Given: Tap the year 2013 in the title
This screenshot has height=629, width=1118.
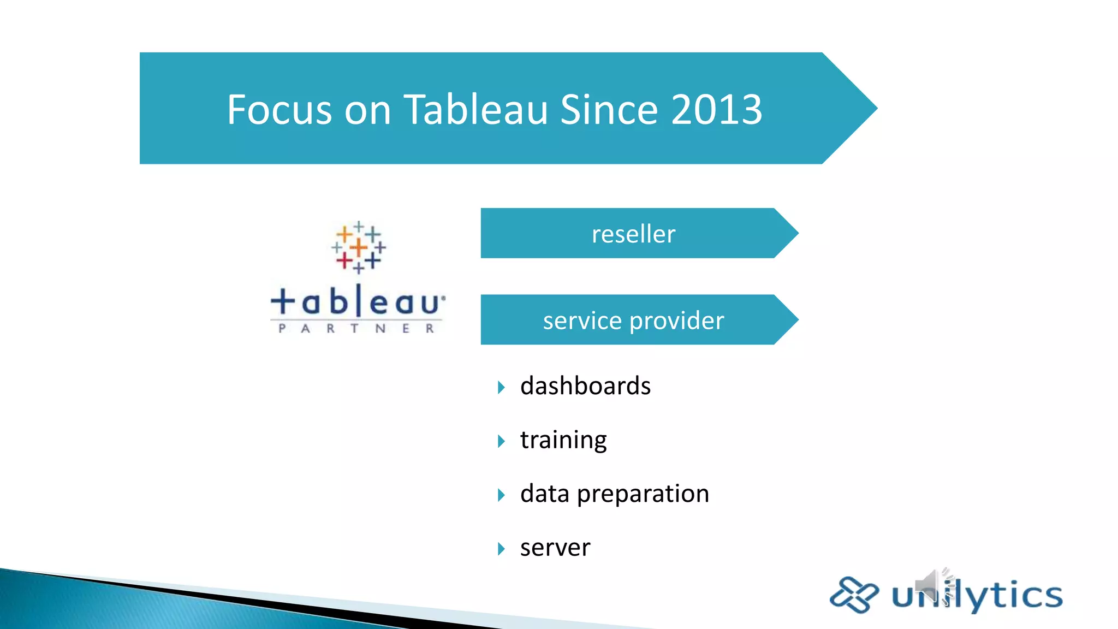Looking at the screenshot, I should [716, 110].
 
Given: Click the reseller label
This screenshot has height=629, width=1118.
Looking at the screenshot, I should [633, 234].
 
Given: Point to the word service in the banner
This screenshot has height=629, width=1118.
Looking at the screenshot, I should [582, 321].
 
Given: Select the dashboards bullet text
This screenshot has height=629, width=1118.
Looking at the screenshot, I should [585, 386].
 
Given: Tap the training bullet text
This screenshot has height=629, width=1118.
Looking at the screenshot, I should [563, 440].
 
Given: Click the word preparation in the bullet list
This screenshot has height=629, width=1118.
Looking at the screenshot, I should [643, 494].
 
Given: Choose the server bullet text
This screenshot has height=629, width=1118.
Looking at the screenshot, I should [555, 548].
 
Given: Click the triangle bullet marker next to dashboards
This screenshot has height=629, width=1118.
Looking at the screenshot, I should [501, 388].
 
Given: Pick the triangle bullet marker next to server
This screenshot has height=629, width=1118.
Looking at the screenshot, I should [501, 549].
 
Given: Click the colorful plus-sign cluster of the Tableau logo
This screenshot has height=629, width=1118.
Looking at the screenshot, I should [358, 247].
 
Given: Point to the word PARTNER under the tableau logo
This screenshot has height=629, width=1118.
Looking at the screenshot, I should [356, 329].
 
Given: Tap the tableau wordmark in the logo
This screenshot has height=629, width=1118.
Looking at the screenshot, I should [358, 302].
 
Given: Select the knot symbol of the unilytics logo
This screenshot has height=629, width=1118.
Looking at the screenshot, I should [854, 595].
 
